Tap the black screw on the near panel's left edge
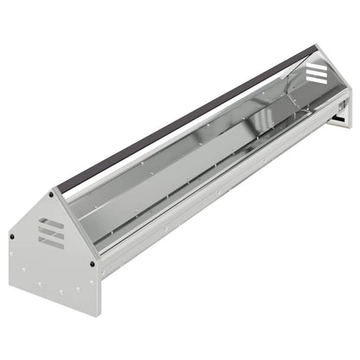click(x=12, y=235)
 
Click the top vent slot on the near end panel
click(x=51, y=222)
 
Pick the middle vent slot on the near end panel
click(x=51, y=232)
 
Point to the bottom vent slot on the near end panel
click(x=51, y=241)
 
